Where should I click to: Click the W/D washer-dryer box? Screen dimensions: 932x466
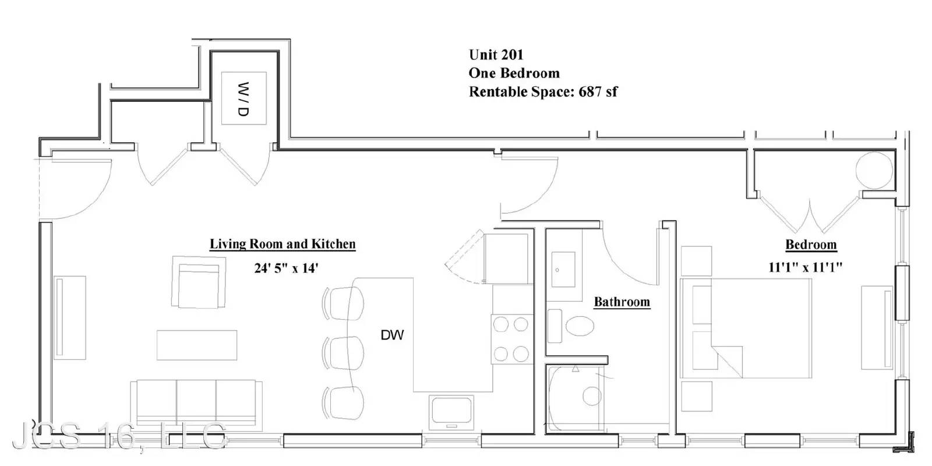coord(244,98)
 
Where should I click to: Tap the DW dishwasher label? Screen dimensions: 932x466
coord(393,335)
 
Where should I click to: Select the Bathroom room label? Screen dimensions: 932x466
coord(622,302)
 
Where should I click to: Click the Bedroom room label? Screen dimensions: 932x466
coord(811,244)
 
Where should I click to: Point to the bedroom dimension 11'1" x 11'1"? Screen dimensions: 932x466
coord(805,267)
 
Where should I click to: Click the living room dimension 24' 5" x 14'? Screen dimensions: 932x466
coord(286,268)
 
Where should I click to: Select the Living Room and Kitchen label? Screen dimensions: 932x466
coord(283,244)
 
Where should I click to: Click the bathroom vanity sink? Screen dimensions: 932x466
coord(563,270)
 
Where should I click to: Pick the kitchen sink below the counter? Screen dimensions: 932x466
coord(451,412)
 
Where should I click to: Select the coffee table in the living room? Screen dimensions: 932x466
coord(197,345)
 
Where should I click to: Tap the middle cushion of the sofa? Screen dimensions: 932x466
coord(196,402)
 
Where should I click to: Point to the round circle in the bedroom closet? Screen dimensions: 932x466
coord(874,171)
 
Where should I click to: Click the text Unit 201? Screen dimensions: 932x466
coord(496,55)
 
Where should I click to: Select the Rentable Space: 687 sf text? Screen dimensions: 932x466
coord(543,91)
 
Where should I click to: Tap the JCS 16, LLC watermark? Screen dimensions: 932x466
coord(119,436)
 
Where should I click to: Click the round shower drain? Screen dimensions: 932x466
coord(592,396)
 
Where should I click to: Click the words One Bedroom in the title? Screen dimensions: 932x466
coord(514,73)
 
